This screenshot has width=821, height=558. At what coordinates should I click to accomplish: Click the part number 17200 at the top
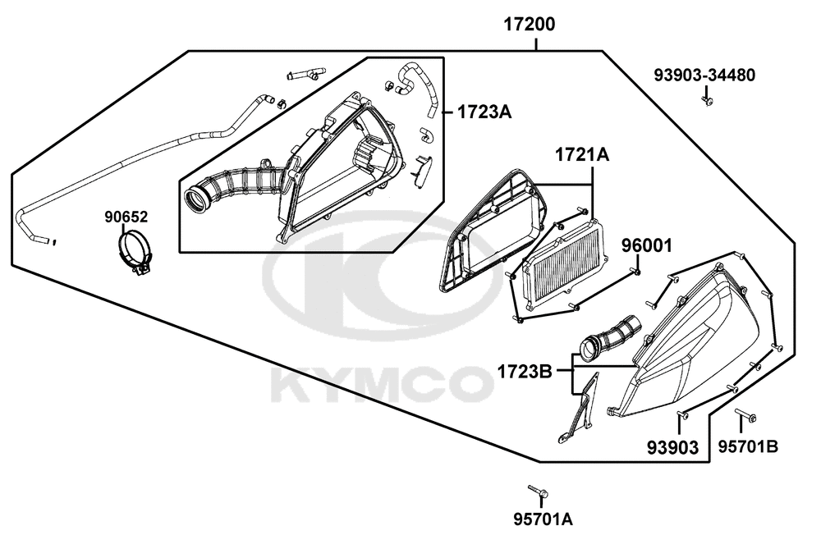(x=530, y=25)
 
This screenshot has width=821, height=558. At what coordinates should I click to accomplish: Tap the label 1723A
(x=484, y=112)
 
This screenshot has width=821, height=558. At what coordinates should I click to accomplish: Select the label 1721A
(x=582, y=155)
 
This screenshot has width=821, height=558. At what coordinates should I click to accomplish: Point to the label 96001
(x=646, y=245)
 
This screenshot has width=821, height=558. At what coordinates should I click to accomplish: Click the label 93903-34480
(x=704, y=75)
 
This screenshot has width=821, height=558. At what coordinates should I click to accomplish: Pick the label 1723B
(x=525, y=372)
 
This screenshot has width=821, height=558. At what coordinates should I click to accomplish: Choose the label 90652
(x=126, y=217)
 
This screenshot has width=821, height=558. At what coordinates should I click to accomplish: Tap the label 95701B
(x=748, y=446)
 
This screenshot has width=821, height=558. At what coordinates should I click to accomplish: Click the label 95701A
(x=543, y=519)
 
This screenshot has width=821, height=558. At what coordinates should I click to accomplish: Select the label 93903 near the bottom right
(x=673, y=447)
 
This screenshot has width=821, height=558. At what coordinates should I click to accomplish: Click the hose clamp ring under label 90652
(x=134, y=251)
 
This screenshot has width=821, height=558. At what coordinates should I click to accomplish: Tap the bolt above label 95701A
(x=539, y=491)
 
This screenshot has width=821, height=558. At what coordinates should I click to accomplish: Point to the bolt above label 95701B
(x=745, y=415)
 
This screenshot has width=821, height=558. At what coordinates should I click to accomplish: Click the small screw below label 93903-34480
(x=708, y=100)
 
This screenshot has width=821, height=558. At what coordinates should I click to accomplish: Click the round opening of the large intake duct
(x=197, y=199)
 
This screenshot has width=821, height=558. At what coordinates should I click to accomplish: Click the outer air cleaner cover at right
(x=692, y=340)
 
